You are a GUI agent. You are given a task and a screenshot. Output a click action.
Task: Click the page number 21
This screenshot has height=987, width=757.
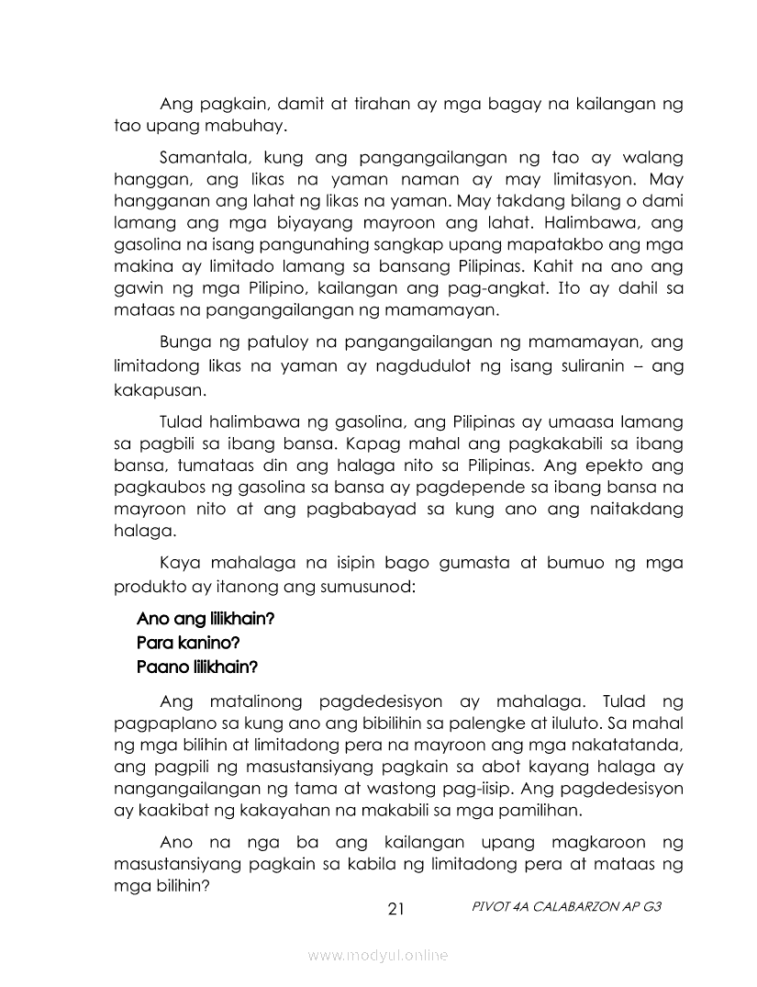point(396,910)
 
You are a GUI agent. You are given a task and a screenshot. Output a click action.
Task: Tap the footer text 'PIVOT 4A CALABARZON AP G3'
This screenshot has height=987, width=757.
point(565,905)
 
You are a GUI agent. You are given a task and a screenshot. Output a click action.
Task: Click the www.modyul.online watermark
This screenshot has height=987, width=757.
point(378,956)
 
